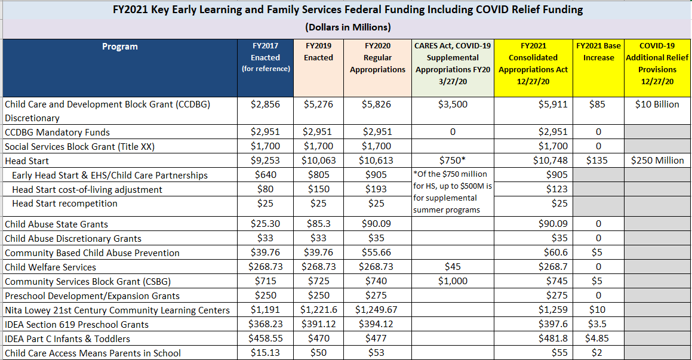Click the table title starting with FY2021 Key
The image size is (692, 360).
pyautogui.click(x=347, y=10)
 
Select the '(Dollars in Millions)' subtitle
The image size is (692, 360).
pyautogui.click(x=347, y=27)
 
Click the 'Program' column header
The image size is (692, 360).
pyautogui.click(x=120, y=47)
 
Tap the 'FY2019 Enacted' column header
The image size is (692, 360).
pyautogui.click(x=318, y=51)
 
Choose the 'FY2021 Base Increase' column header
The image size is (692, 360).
pyautogui.click(x=598, y=51)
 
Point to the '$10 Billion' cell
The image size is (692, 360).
pyautogui.click(x=657, y=104)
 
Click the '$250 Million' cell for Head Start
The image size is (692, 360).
pyautogui.click(x=657, y=161)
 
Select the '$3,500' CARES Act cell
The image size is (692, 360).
pyautogui.click(x=453, y=104)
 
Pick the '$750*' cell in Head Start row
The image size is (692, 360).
pyautogui.click(x=453, y=161)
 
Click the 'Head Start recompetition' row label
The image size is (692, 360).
pyautogui.click(x=64, y=204)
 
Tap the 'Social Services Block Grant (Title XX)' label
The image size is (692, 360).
pyautogui.click(x=79, y=146)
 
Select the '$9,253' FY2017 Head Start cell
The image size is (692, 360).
pyautogui.click(x=265, y=161)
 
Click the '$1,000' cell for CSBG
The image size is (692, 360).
pyautogui.click(x=453, y=281)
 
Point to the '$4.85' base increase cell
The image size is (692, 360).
pyautogui.click(x=597, y=339)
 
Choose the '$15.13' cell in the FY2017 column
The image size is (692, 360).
pyautogui.click(x=265, y=353)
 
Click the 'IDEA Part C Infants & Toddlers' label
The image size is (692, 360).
pyautogui.click(x=67, y=339)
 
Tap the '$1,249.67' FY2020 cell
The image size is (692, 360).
pyautogui.click(x=376, y=310)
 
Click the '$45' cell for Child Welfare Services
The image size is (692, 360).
pyautogui.click(x=453, y=266)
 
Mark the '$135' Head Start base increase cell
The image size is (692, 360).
pyautogui.click(x=596, y=161)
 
